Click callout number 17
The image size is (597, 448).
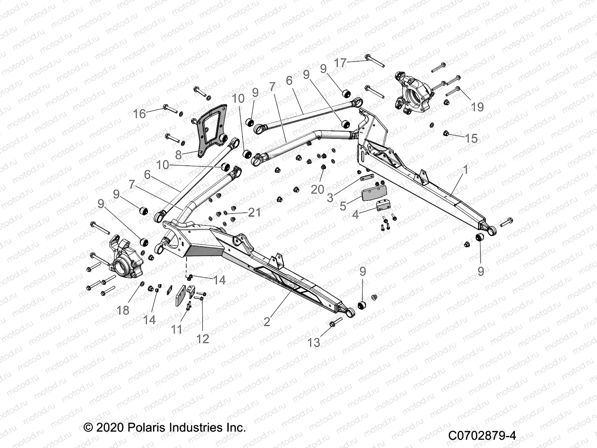[340, 63]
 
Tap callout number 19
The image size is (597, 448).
[477, 107]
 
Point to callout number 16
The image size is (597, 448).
[140, 113]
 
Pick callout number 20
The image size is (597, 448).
[318, 189]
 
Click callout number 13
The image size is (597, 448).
[314, 342]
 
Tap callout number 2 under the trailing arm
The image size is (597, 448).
[266, 321]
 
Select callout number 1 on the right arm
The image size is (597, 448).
[465, 170]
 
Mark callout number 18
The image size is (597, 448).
[123, 309]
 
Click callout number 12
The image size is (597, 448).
[203, 339]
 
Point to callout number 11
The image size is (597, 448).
[176, 329]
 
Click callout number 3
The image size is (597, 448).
[330, 197]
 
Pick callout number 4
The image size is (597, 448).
[355, 215]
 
